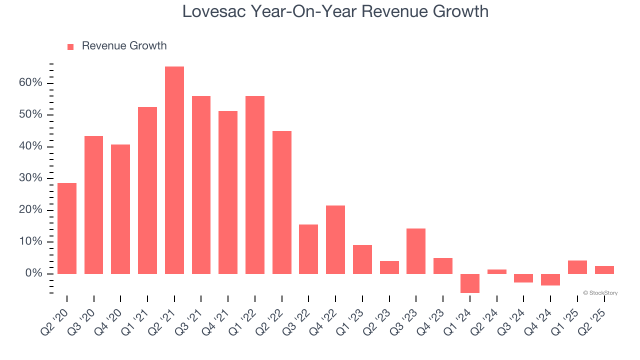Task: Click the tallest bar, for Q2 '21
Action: coord(174,170)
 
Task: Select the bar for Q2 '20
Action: coord(67,228)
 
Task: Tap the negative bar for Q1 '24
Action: coord(470,283)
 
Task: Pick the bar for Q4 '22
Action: coord(335,239)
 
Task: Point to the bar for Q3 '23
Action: coord(416,251)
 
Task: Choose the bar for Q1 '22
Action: coord(255,184)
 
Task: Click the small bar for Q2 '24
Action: coord(497,271)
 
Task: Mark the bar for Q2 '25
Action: coord(604,270)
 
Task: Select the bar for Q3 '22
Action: coord(308,249)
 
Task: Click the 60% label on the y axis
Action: coord(31,83)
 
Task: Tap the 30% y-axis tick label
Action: coord(31,178)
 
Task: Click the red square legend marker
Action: coord(70,47)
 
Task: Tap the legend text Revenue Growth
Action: coord(124,46)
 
